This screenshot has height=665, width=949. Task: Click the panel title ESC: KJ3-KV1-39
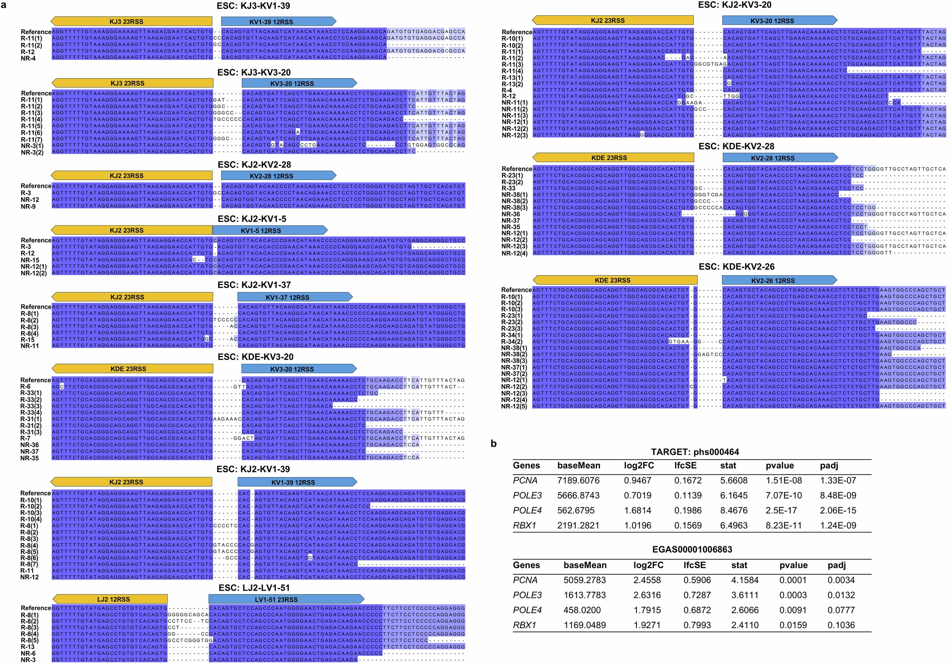(253, 6)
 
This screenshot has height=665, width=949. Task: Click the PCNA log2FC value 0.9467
(637, 481)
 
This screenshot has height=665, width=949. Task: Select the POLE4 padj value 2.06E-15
(838, 510)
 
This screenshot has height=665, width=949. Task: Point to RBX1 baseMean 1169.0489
(584, 625)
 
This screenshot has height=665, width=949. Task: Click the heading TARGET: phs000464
(692, 452)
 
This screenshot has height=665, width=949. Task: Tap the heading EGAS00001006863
(692, 549)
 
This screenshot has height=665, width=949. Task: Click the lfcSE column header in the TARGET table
(685, 466)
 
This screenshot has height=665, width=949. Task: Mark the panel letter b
(493, 444)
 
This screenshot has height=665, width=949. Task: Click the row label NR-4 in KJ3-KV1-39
(28, 58)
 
